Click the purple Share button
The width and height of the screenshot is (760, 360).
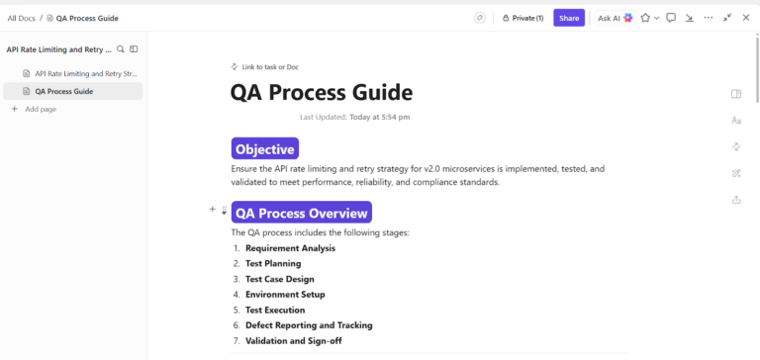(569, 18)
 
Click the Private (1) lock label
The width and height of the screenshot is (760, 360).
(523, 18)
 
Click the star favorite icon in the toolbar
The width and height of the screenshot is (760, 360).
(645, 18)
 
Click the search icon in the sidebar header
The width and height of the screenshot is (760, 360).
(121, 48)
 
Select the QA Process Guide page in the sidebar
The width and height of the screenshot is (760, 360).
(64, 91)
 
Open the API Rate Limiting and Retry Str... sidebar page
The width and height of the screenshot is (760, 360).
(86, 73)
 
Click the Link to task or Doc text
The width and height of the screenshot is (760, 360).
(269, 67)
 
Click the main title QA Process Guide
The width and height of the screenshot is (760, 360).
(322, 93)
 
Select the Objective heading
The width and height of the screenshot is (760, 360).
(265, 149)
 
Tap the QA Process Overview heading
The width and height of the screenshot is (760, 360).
(301, 212)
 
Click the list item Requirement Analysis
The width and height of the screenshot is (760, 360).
(290, 248)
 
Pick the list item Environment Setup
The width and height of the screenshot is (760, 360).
(285, 295)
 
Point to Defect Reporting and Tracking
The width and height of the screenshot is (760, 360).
(309, 325)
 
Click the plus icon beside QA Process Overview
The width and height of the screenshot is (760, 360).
(212, 210)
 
